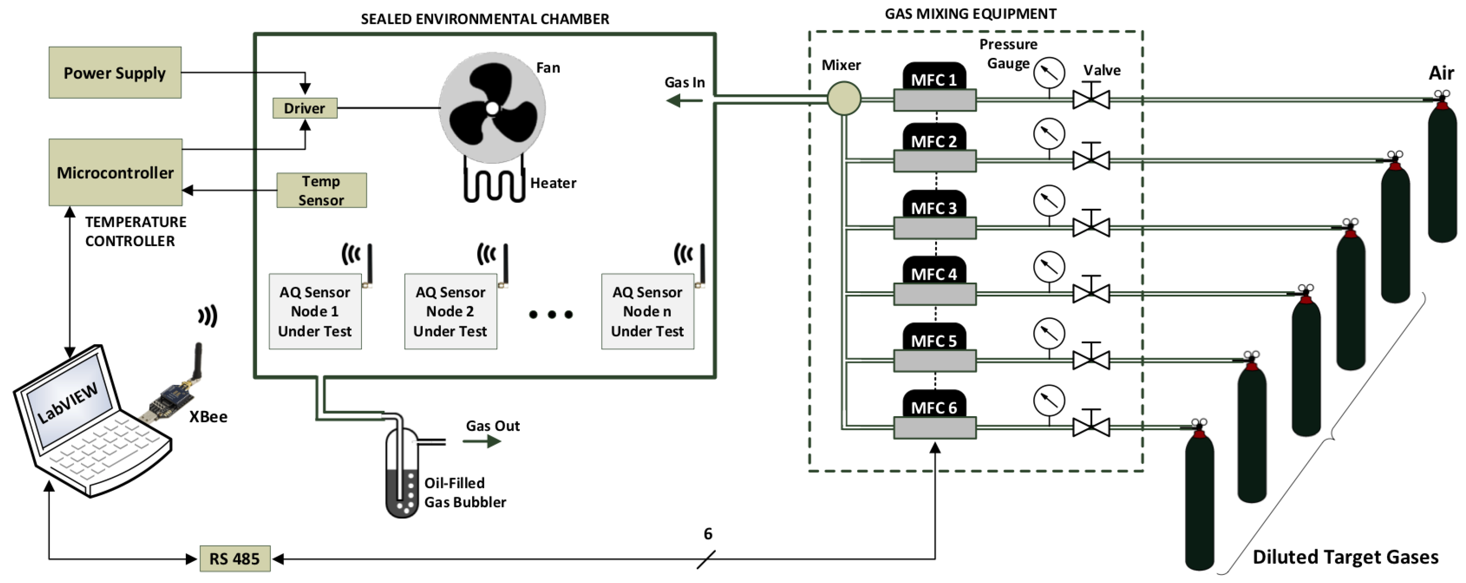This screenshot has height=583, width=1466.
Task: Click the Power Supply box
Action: (x=115, y=73)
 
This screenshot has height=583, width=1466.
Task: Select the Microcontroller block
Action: (x=115, y=172)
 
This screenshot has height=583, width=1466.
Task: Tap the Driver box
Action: (x=304, y=108)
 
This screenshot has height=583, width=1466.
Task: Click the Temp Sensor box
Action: (x=321, y=190)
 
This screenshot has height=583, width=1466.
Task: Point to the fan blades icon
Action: (x=492, y=108)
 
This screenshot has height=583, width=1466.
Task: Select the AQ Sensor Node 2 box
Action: (x=450, y=311)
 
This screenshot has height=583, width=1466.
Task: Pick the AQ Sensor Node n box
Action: (x=647, y=311)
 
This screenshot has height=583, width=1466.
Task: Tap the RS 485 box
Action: (x=234, y=559)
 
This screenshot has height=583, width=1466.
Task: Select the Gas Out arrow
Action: (x=481, y=441)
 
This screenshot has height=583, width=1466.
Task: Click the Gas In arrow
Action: (x=683, y=101)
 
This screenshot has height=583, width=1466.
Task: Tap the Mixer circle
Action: (x=843, y=98)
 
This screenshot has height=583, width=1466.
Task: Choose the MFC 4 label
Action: (x=934, y=273)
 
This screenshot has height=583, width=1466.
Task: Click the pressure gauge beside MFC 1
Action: (x=1049, y=73)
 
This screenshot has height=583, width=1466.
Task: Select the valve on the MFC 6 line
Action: (x=1091, y=426)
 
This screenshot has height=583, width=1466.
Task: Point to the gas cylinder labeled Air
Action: (x=1442, y=171)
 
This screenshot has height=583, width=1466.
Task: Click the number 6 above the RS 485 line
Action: (x=707, y=534)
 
